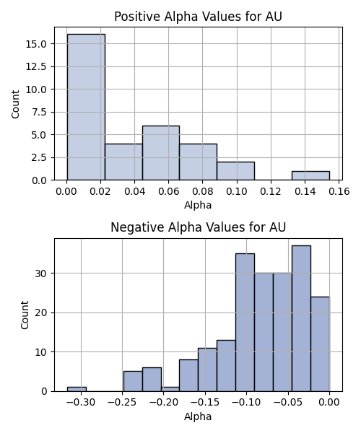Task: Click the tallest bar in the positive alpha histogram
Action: tap(86, 107)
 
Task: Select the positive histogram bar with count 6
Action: tap(161, 153)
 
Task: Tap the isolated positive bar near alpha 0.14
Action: tap(310, 176)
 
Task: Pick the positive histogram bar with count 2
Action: tap(235, 171)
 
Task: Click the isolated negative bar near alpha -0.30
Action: tap(77, 390)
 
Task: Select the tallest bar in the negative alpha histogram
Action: tap(301, 319)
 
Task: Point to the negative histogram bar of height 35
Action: tap(245, 323)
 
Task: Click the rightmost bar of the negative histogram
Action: tap(320, 344)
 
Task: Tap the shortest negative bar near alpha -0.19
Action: tap(170, 390)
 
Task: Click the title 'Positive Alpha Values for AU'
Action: tap(198, 17)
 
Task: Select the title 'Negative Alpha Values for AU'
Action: tap(198, 227)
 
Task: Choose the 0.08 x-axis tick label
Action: tap(202, 191)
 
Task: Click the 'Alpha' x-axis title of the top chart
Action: tap(198, 205)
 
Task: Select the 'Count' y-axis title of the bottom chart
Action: tap(25, 315)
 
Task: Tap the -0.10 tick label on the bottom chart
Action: tap(246, 403)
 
